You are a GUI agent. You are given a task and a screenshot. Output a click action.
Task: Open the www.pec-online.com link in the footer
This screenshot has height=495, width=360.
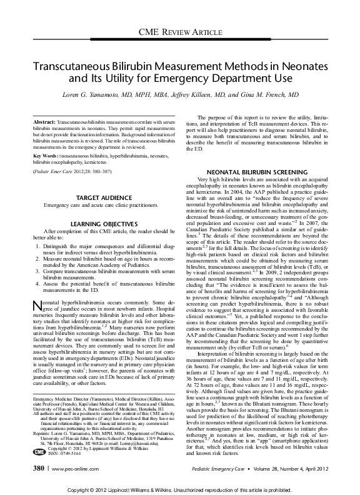click(69, 467)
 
